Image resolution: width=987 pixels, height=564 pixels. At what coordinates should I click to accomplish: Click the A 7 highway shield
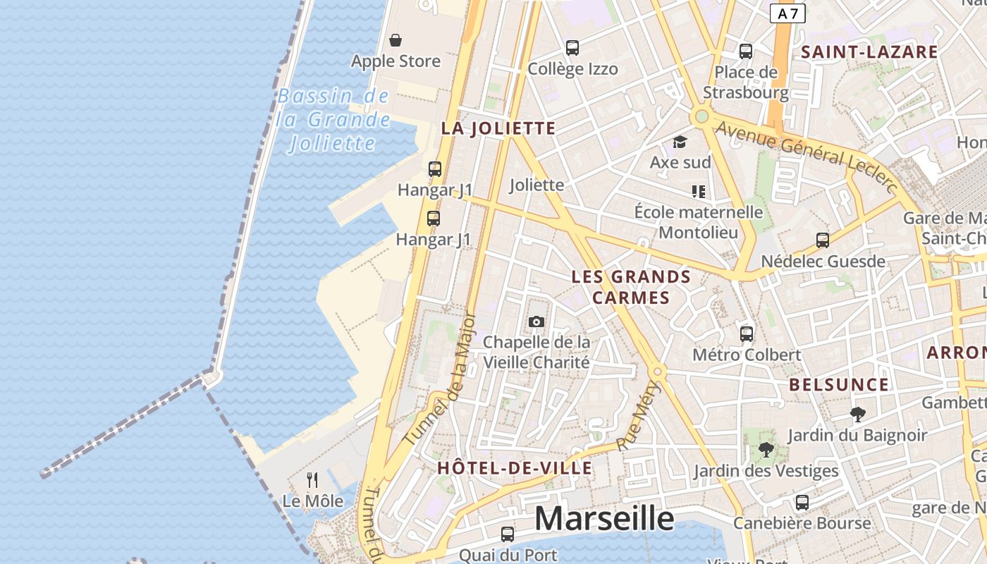click(787, 13)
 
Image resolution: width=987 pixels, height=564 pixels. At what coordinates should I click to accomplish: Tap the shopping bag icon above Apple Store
click(396, 40)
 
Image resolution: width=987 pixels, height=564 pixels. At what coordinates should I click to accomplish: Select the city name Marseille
click(603, 519)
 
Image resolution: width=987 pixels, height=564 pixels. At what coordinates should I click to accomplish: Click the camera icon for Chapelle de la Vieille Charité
click(537, 321)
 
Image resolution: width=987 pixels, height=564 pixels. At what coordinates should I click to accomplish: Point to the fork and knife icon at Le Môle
click(312, 480)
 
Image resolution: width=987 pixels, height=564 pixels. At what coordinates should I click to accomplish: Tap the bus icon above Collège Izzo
click(572, 48)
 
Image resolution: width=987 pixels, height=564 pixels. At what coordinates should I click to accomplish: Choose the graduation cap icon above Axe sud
click(680, 142)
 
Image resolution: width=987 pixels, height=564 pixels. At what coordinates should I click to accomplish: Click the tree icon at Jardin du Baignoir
click(857, 415)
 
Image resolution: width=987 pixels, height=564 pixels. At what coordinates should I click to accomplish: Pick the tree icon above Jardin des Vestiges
click(766, 449)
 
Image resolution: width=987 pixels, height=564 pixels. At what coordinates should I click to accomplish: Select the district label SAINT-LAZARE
click(869, 51)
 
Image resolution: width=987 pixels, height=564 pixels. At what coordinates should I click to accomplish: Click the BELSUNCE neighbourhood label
click(839, 385)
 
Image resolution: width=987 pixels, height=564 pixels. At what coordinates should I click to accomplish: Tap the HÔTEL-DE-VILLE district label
click(515, 468)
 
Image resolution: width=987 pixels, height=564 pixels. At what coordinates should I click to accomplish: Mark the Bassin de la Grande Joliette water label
click(333, 120)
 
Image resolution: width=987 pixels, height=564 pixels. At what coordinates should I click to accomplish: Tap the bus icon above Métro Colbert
click(747, 333)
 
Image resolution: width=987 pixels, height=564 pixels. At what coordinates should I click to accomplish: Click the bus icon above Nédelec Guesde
click(822, 240)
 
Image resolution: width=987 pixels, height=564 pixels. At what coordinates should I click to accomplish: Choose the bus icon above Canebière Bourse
click(802, 503)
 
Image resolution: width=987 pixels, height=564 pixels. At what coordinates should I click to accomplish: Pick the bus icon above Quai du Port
click(507, 534)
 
